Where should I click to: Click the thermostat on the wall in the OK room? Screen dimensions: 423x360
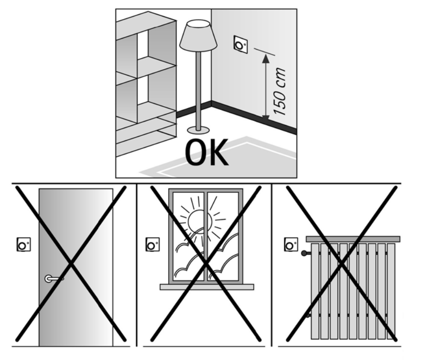click(241, 44)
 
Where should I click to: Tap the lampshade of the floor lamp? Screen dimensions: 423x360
click(198, 36)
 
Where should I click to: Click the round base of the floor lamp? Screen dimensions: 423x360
click(198, 130)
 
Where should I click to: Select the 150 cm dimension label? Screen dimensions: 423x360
click(279, 92)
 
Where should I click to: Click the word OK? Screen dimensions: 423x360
click(207, 152)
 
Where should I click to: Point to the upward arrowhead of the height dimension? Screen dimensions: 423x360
click(266, 59)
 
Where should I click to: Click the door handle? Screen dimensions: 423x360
click(54, 279)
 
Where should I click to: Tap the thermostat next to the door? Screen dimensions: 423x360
click(23, 245)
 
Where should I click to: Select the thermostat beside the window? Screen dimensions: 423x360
click(152, 245)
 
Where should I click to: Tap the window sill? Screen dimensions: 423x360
click(207, 287)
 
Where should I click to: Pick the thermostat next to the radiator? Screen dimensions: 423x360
click(291, 244)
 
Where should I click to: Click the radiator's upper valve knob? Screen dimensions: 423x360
click(304, 253)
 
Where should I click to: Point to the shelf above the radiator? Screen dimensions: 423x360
click(353, 239)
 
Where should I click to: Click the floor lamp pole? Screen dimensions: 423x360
click(199, 90)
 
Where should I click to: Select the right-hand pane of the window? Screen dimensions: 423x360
click(223, 236)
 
